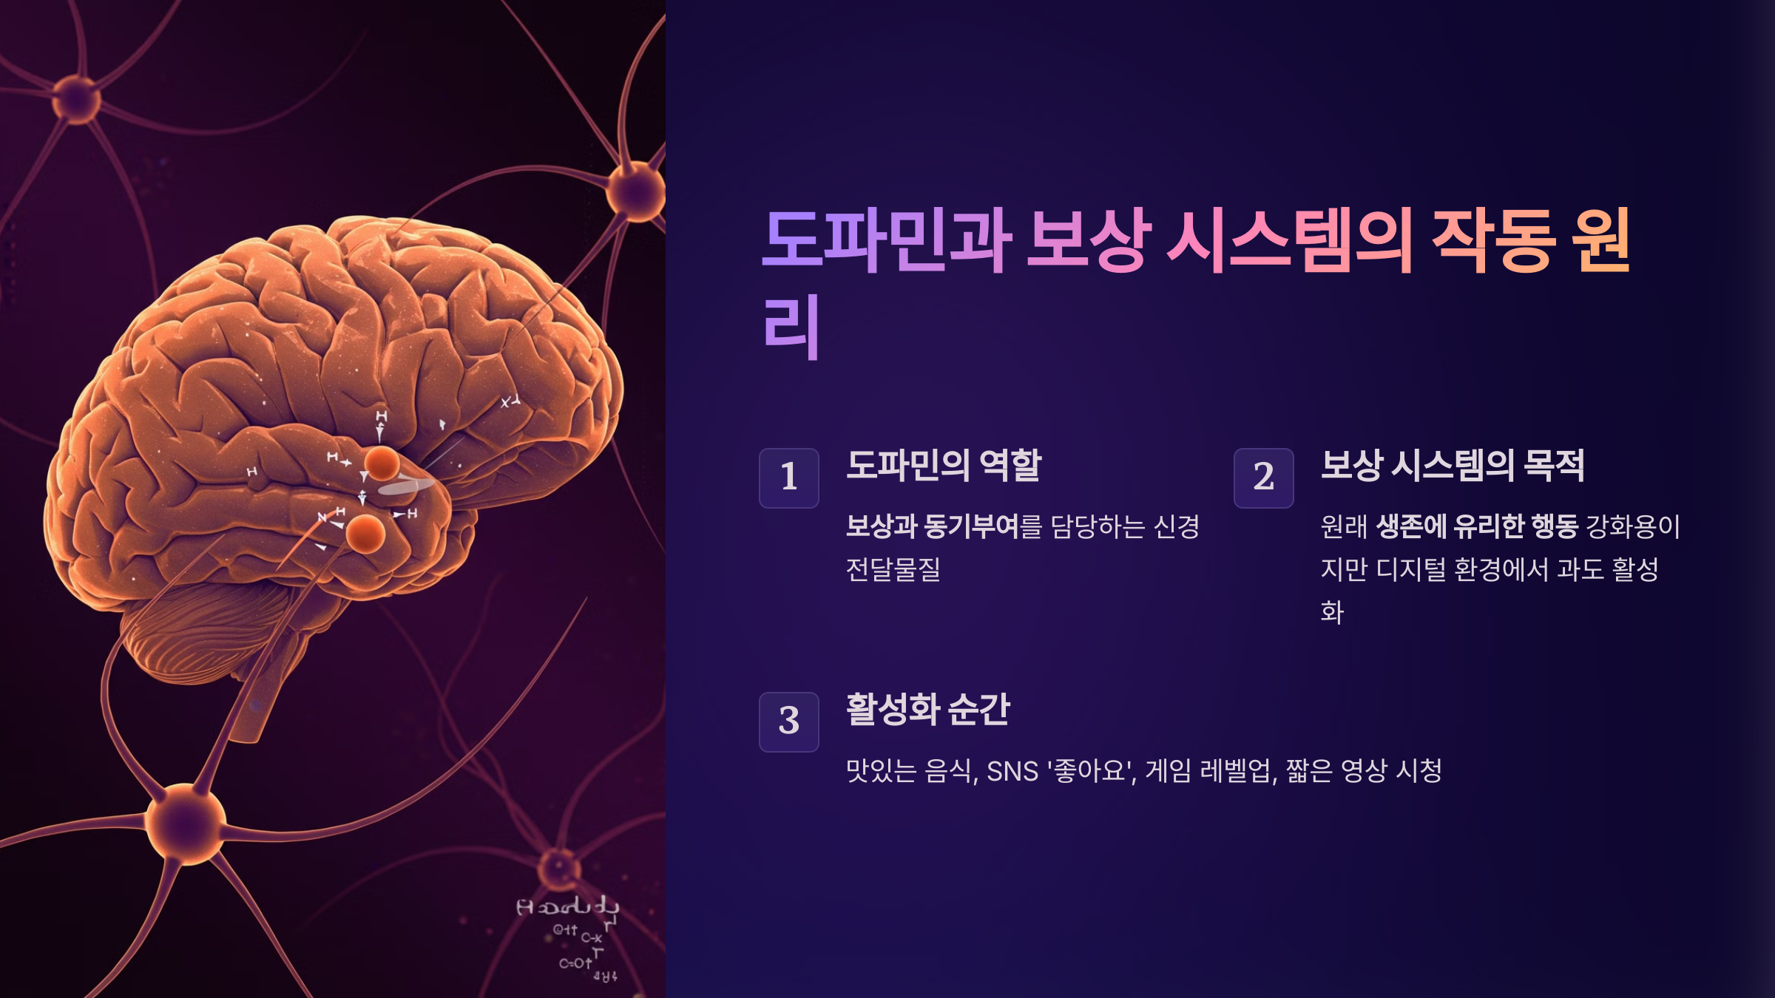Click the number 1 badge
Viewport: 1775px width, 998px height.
[x=788, y=478]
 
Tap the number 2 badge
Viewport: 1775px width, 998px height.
[x=1263, y=478]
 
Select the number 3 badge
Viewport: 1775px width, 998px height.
[x=788, y=722]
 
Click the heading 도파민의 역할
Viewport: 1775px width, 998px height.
[x=943, y=466]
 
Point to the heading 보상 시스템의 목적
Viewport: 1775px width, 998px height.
[x=1452, y=466]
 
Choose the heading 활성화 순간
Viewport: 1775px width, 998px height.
[x=927, y=710]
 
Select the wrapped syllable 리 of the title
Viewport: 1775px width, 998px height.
[x=791, y=327]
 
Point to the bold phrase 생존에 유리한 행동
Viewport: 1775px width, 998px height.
[x=1477, y=526]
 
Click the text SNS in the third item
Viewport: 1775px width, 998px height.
[x=1012, y=771]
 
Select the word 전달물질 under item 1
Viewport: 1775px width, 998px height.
[x=893, y=569]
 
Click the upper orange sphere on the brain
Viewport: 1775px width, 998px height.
[x=382, y=464]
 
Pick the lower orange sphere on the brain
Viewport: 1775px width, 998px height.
[x=365, y=534]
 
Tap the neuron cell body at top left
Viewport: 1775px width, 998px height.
[x=77, y=98]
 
